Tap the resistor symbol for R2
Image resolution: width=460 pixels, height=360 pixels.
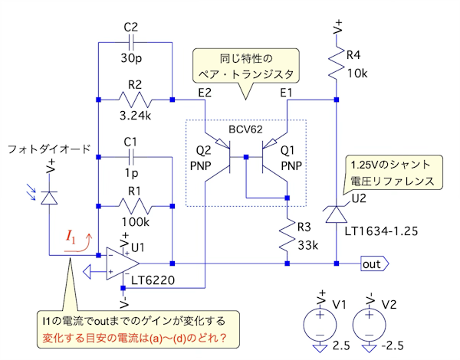136,99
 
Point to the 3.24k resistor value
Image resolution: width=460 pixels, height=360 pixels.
136,118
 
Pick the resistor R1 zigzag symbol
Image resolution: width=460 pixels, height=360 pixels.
136,206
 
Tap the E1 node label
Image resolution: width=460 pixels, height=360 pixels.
287,92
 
